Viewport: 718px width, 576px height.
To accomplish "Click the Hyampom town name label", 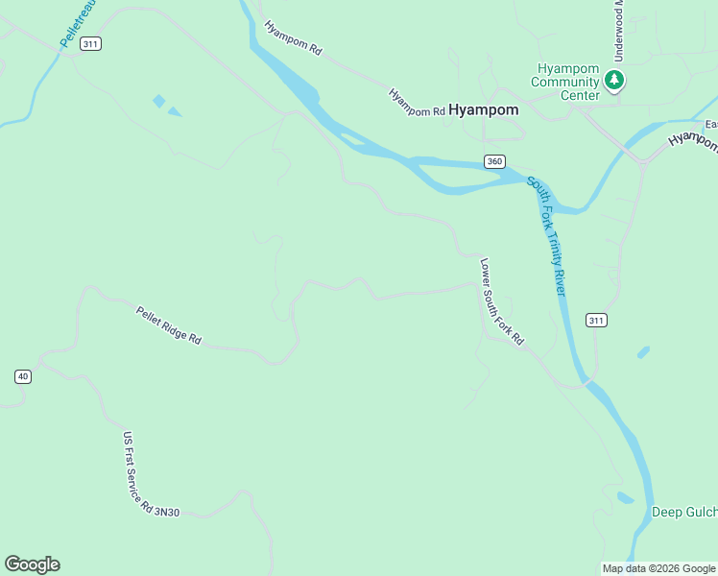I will pos(484,109).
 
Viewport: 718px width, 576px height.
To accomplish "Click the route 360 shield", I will pos(493,161).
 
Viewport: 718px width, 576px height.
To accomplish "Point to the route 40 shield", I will pos(23,376).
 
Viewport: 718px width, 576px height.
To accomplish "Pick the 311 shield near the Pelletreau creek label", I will pos(90,44).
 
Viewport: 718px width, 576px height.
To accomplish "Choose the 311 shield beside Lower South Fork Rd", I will pos(596,320).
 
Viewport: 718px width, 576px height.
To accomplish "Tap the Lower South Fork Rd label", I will pos(502,301).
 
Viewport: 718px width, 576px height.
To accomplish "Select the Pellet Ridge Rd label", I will pos(168,325).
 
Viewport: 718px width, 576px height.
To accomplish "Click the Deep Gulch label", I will pos(684,512).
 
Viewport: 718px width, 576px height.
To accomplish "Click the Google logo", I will pos(32,564).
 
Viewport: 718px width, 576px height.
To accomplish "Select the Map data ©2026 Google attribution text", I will pos(658,568).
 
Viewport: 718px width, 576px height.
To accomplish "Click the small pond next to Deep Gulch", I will pos(626,497).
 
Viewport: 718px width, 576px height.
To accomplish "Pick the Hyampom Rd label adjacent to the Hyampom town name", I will pos(417,104).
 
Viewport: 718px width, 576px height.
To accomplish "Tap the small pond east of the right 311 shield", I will pos(643,351).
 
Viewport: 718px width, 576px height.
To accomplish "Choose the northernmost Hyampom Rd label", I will pos(293,38).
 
